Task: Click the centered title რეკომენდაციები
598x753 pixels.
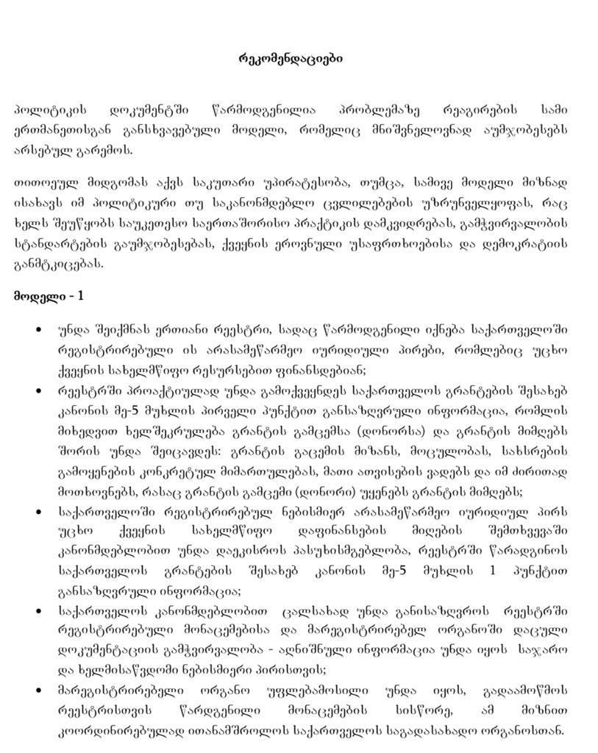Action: (x=291, y=58)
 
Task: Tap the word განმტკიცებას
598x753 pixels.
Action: (x=60, y=263)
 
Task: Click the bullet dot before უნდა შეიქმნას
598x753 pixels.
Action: (x=38, y=329)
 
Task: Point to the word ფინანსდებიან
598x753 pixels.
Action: (x=308, y=369)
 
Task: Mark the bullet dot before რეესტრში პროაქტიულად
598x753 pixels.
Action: (x=38, y=390)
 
